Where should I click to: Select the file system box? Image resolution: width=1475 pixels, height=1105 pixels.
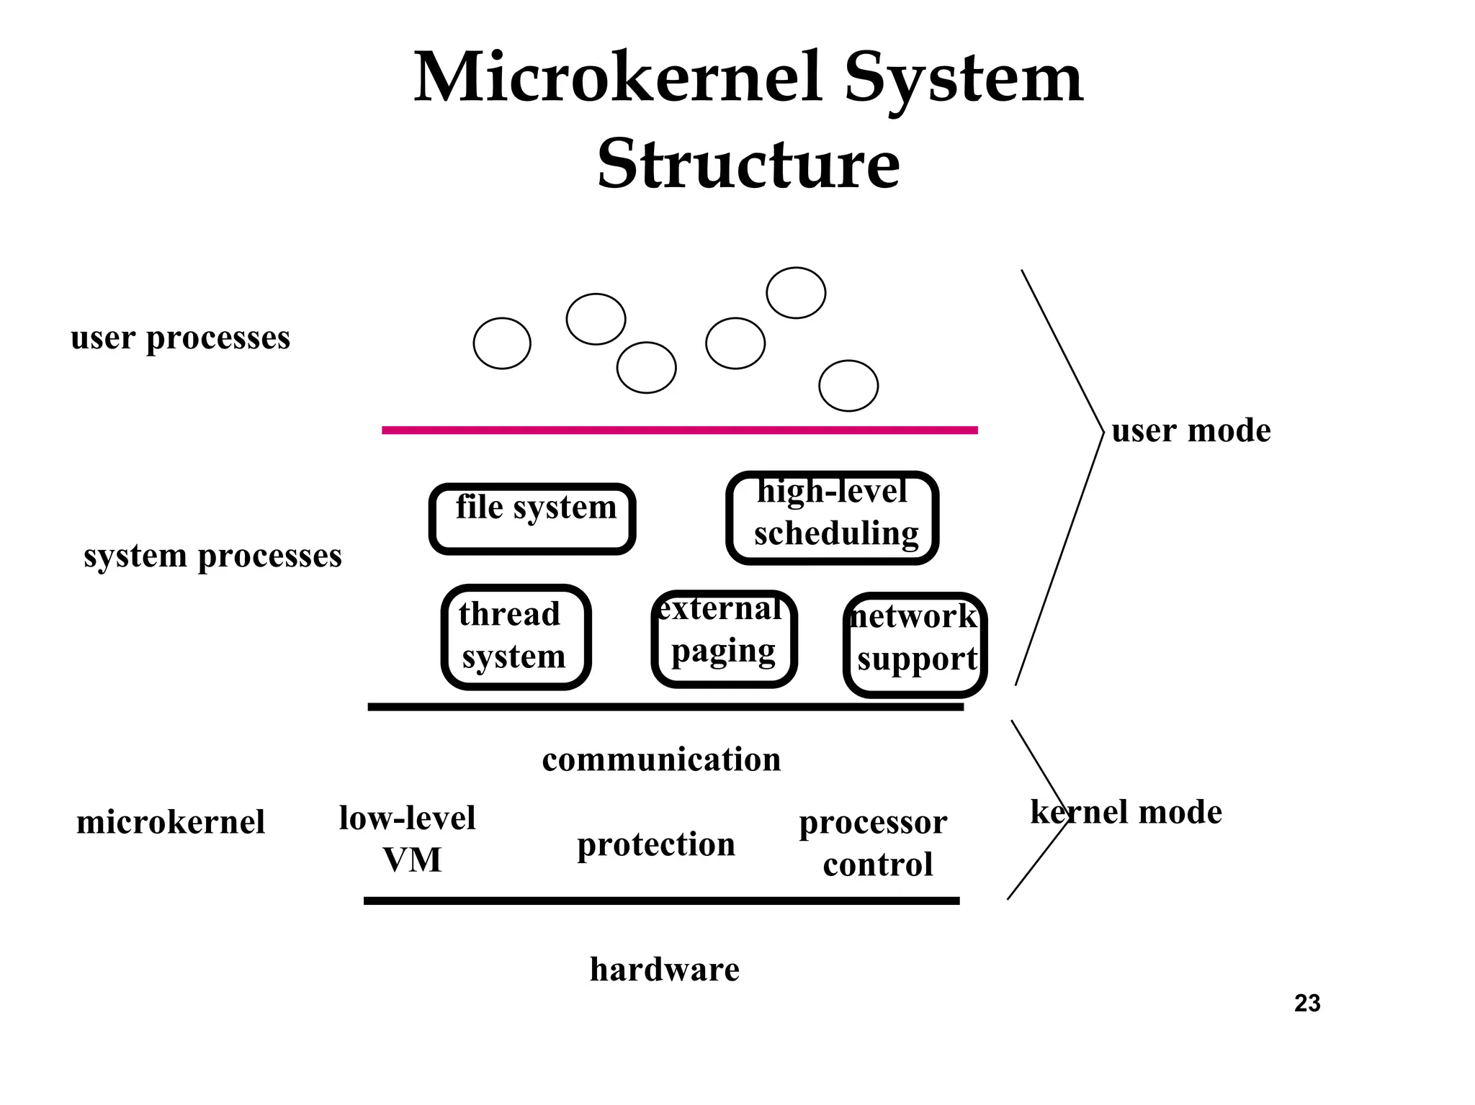532,518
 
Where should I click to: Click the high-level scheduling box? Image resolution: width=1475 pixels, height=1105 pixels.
832,518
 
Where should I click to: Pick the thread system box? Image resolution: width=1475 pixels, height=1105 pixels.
516,636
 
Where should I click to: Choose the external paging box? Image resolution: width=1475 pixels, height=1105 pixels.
724,638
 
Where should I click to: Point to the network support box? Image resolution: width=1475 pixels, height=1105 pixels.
915,644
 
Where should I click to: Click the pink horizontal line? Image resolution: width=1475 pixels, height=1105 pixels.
679,430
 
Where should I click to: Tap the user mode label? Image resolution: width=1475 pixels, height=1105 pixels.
1191,430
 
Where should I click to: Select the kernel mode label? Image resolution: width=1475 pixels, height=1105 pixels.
1126,812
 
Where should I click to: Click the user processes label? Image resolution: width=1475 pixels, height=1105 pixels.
180,338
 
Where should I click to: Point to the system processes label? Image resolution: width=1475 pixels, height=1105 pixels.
212,556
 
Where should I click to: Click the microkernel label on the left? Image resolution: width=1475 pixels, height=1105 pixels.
171,822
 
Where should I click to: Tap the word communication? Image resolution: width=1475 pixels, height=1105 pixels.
661,759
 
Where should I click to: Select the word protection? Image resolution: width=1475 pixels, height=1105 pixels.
655,844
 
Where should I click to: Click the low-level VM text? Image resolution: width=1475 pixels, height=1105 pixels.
408,839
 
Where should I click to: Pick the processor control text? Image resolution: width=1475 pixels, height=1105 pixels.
874,843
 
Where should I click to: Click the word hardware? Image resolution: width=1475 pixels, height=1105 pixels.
664,969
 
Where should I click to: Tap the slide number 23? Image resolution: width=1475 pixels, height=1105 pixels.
1306,1003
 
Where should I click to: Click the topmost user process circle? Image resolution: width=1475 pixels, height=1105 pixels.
795,293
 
